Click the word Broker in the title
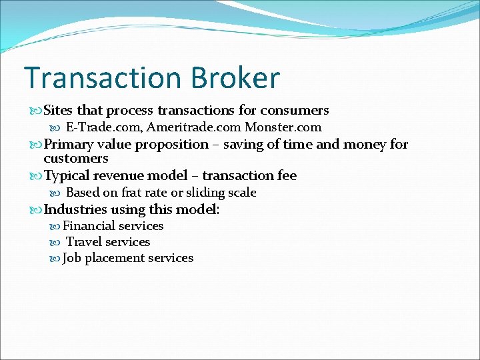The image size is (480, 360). (236, 78)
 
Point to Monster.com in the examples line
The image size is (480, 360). (283, 127)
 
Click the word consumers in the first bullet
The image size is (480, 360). (294, 110)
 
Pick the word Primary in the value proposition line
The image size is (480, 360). (69, 144)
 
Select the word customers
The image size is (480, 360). (75, 159)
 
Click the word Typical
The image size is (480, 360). (69, 176)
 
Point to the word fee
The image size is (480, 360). (285, 175)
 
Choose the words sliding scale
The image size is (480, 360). (221, 193)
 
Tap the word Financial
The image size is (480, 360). (89, 226)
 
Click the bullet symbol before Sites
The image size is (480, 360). (36, 111)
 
